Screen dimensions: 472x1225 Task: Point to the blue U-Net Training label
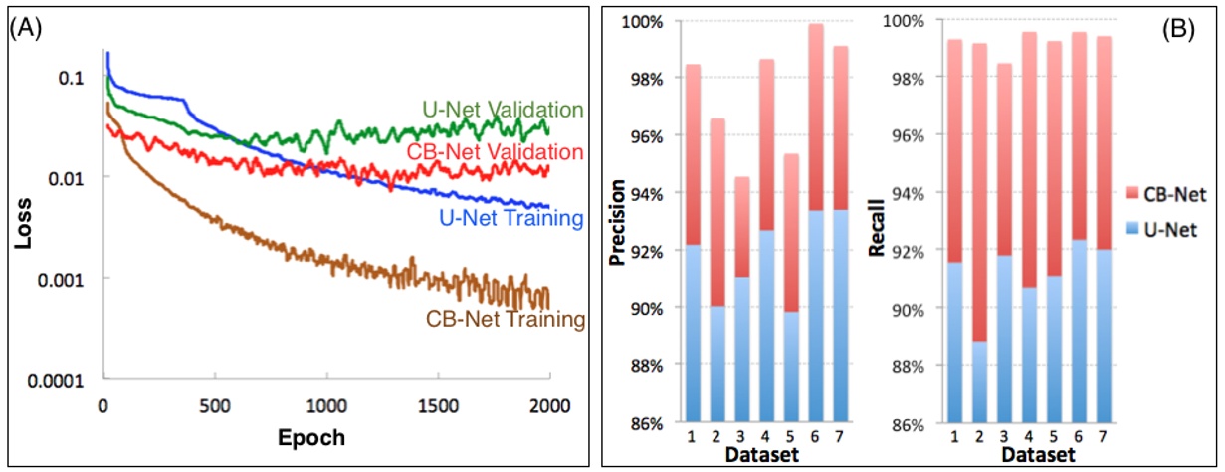point(498,215)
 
